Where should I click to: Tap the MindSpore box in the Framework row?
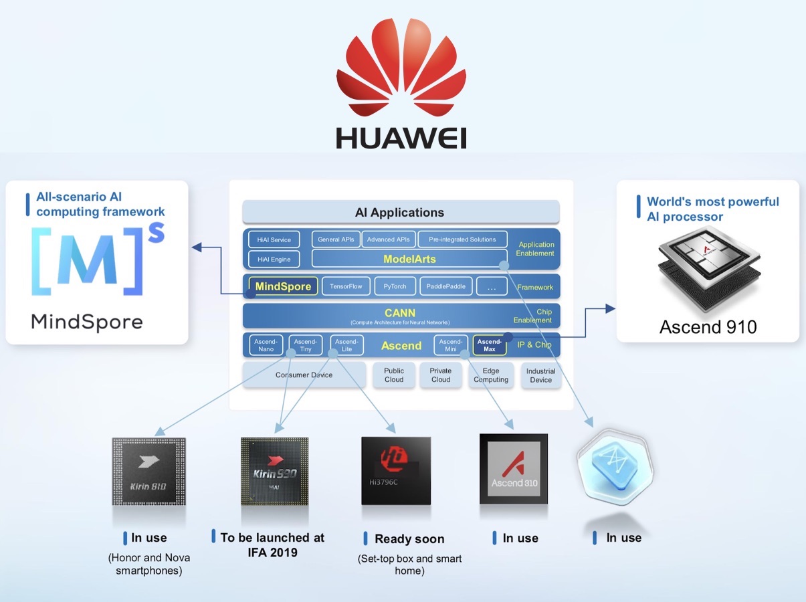click(283, 286)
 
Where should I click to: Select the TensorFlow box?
click(346, 286)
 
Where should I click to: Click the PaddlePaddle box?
click(446, 286)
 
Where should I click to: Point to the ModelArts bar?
click(409, 259)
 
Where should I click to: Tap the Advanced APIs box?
click(389, 239)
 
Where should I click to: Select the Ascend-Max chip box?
click(489, 345)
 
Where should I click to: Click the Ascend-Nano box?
click(266, 345)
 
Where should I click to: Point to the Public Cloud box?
click(394, 375)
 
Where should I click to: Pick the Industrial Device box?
click(540, 375)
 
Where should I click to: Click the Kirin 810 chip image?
click(148, 472)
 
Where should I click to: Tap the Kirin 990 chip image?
click(274, 471)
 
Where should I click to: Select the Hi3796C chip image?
click(396, 471)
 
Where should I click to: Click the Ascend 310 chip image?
click(514, 469)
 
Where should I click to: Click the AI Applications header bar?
click(400, 213)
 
